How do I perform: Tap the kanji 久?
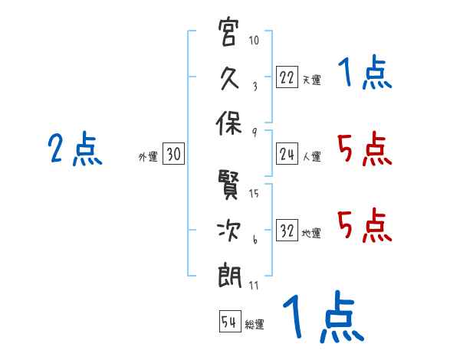point(230,77)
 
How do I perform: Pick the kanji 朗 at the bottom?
point(230,273)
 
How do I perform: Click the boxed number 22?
point(287,77)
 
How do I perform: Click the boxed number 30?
point(172,155)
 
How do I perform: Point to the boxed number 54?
point(229,322)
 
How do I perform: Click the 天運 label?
point(311,80)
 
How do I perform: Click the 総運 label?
point(255,324)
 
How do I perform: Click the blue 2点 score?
point(75,149)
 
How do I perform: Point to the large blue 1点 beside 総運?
point(321,317)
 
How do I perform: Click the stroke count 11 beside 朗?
point(254,285)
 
